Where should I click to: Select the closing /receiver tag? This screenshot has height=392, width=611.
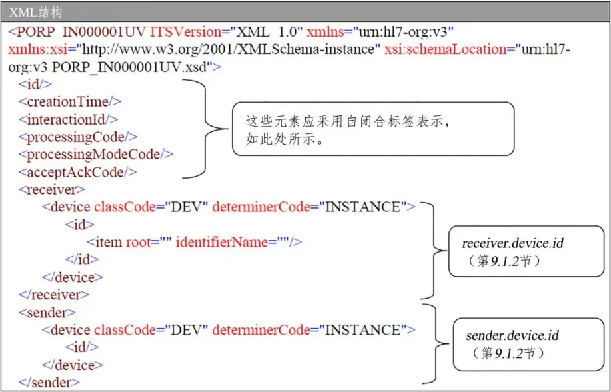(54, 294)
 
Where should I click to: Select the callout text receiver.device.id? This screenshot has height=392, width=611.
(512, 244)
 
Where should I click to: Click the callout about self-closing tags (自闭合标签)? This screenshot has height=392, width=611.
(372, 129)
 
